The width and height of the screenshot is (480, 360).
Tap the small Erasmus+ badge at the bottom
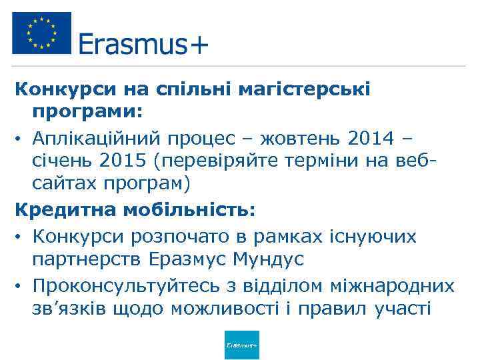(x=242, y=345)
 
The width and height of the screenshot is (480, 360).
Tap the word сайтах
(x=61, y=181)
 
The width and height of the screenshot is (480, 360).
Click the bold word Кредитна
(x=64, y=211)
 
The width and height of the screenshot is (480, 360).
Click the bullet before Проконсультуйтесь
(x=19, y=287)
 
